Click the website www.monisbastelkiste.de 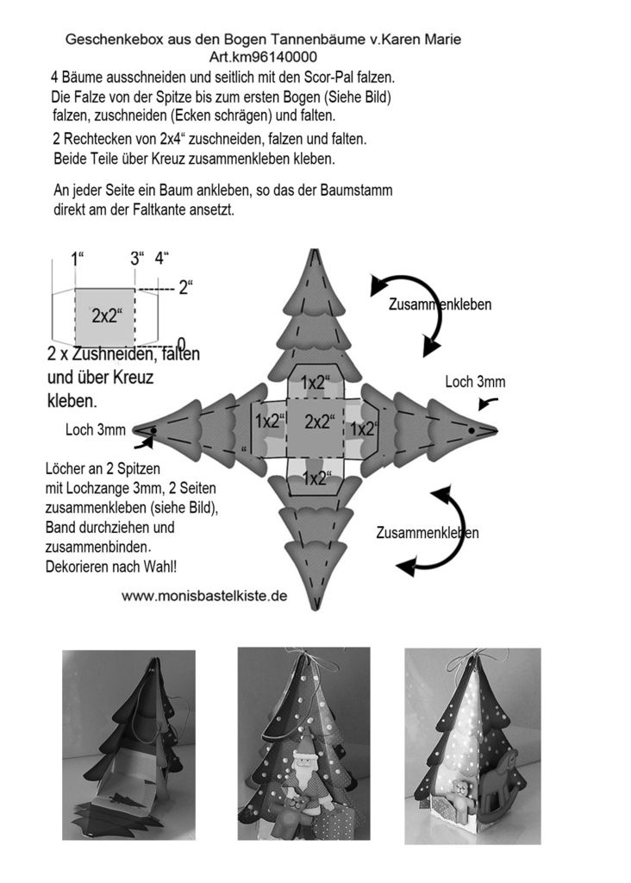point(204,595)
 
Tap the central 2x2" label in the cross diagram point(320,422)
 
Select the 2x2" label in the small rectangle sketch point(107,316)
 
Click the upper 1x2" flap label point(319,383)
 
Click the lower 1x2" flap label point(320,476)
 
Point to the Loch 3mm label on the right point(475,382)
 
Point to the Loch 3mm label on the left point(95,429)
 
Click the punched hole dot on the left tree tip point(154,429)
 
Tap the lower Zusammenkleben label point(427,533)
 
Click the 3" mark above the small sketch point(137,258)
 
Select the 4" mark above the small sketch point(162,258)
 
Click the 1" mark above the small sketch point(77,258)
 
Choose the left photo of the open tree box point(128,745)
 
